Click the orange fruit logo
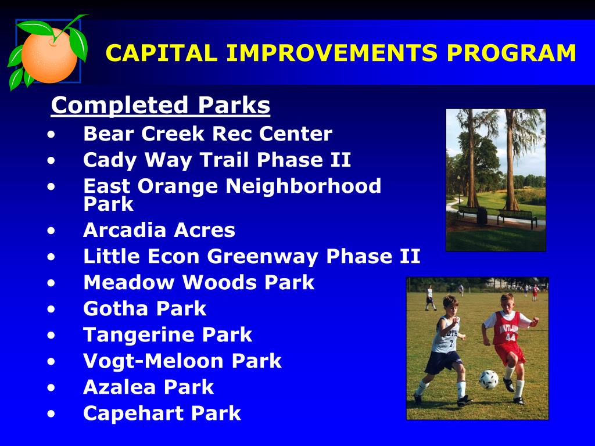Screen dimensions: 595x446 49,52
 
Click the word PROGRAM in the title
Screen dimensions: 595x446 511,53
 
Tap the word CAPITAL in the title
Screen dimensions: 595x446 162,53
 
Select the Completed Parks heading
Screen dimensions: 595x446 160,105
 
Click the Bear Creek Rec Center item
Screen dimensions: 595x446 207,134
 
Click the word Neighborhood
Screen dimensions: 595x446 303,186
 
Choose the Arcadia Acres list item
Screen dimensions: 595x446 159,230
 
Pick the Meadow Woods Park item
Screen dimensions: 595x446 199,283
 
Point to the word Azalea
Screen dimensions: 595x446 120,387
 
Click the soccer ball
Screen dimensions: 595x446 488,379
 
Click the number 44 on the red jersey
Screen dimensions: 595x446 510,337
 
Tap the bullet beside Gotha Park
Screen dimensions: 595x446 51,309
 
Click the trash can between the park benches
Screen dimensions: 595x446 482,215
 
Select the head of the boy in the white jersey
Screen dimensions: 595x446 450,305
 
